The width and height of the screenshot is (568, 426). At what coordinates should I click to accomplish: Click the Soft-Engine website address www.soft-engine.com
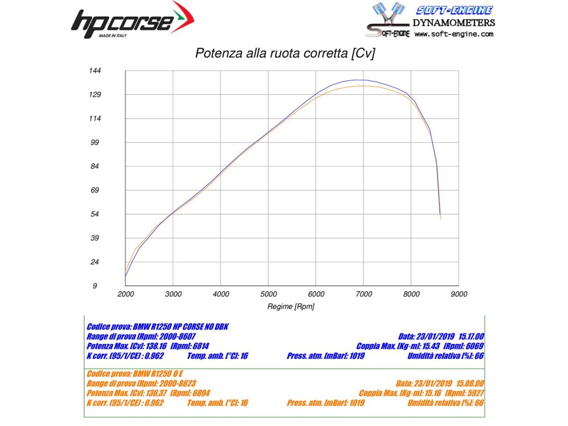point(453,34)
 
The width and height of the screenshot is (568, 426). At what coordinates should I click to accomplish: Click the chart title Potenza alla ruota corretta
point(285,53)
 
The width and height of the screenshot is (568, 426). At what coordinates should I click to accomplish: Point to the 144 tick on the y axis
point(94,70)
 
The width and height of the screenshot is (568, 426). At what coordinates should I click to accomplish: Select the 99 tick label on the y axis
point(94,143)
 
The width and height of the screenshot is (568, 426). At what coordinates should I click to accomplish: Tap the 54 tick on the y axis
point(94,214)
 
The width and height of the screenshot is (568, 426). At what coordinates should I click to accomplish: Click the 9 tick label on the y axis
point(95,286)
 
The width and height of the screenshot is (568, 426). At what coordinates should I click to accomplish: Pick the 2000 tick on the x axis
point(126,294)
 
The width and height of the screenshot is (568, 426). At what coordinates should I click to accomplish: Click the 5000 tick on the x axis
point(268,294)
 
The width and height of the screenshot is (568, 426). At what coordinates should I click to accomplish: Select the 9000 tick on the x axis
point(459,294)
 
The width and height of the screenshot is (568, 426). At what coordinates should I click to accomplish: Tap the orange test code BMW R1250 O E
point(161,374)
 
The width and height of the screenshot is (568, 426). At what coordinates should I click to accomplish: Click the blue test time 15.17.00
point(470,336)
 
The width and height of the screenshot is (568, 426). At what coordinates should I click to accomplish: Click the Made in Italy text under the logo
point(113,35)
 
